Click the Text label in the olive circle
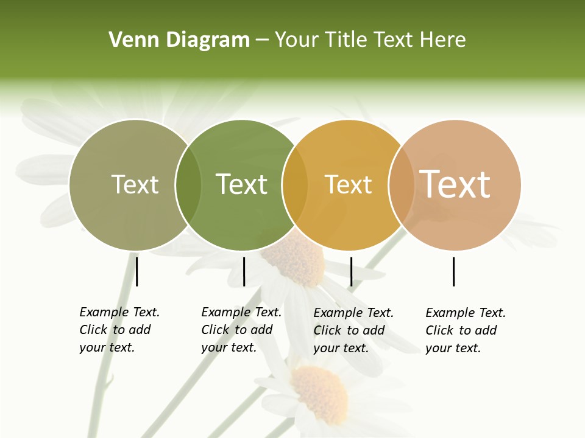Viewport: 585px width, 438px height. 135,184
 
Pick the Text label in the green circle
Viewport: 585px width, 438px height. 241,184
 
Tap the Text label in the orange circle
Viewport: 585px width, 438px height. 348,184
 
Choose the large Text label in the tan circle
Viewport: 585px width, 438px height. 455,184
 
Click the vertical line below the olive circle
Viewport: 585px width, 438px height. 136,271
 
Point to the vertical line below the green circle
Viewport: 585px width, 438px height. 244,271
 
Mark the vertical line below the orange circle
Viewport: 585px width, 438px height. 351,271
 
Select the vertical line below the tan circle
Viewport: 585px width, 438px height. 453,271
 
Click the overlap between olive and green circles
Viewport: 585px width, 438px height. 188,185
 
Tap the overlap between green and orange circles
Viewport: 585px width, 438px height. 295,185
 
